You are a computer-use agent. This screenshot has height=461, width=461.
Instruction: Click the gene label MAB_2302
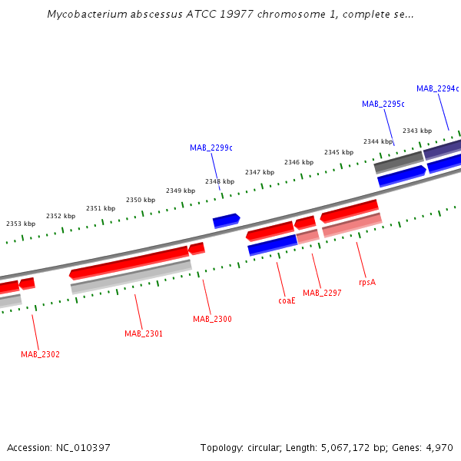click(40, 354)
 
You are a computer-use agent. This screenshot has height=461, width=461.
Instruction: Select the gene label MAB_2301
click(144, 333)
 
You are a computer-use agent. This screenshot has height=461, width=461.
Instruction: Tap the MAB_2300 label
click(212, 319)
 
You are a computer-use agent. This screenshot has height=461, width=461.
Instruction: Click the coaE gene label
click(287, 300)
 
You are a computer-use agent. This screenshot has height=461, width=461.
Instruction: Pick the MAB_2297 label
click(322, 293)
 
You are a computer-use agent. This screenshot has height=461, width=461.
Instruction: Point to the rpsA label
click(367, 282)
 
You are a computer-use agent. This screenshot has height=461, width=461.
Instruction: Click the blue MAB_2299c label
click(211, 148)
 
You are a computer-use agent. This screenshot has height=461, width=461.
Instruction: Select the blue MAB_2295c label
click(383, 104)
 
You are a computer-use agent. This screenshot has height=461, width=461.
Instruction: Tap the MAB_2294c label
click(437, 88)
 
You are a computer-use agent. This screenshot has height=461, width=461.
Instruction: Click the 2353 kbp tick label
click(21, 224)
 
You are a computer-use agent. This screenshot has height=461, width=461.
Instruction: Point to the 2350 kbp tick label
click(141, 200)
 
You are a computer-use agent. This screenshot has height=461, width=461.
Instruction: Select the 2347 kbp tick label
click(260, 172)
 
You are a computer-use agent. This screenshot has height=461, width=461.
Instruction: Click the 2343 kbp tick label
click(416, 131)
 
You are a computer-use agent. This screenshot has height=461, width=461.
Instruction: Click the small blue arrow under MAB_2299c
click(226, 221)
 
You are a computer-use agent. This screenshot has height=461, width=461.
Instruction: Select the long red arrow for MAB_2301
click(129, 262)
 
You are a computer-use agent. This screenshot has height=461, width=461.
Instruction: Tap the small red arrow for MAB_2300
click(197, 248)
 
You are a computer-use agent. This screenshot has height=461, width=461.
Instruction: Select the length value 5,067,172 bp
click(357, 447)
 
